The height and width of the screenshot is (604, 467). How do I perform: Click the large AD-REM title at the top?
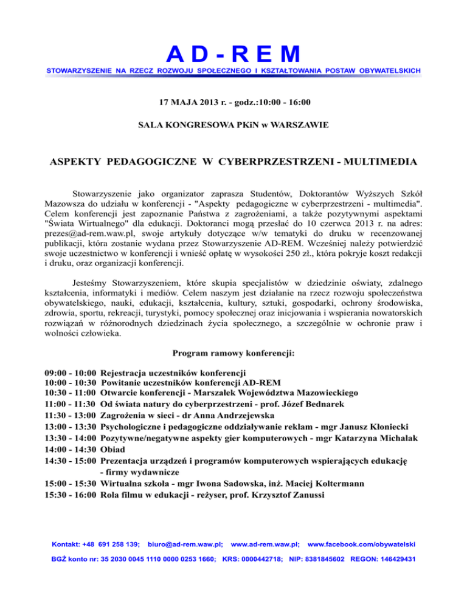point(233,54)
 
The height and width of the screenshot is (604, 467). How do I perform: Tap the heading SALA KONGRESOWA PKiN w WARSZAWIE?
point(233,125)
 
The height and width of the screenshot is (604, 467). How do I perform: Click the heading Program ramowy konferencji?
point(233,352)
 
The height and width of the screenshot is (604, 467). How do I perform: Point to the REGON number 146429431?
point(395,558)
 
